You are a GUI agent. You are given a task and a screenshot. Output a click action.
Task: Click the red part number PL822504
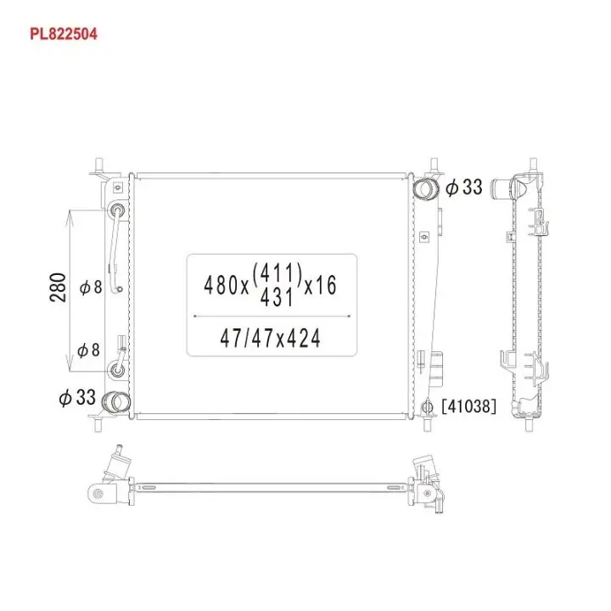tap(64, 34)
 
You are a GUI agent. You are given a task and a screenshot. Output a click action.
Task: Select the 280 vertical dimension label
tap(58, 288)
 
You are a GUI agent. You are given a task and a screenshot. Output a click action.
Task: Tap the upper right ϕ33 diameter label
tap(463, 188)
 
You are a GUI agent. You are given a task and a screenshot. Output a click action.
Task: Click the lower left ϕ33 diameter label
tap(77, 397)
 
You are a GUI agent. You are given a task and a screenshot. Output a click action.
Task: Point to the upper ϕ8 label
tap(91, 288)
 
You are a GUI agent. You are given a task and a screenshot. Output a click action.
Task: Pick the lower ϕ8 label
tap(88, 350)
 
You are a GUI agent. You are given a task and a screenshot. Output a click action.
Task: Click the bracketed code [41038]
tap(469, 406)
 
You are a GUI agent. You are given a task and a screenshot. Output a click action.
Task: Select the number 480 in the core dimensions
tap(221, 285)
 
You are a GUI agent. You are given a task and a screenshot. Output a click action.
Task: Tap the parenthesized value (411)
tap(277, 272)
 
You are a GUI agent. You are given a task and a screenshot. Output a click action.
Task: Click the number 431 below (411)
tap(277, 298)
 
